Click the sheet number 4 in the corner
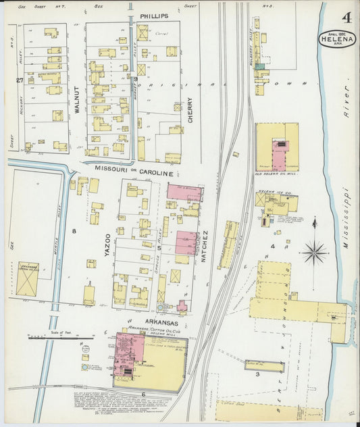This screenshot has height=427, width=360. pyautogui.click(x=346, y=16)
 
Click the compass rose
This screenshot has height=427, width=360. pyautogui.click(x=314, y=253)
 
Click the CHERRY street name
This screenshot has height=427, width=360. pyautogui.click(x=190, y=109)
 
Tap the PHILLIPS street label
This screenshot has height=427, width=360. pyautogui.click(x=155, y=15)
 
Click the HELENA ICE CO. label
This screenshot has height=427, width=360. pyautogui.click(x=274, y=193)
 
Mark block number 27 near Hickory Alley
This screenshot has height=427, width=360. pyautogui.click(x=20, y=80)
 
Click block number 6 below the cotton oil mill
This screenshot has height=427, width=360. pyautogui.click(x=143, y=393)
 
